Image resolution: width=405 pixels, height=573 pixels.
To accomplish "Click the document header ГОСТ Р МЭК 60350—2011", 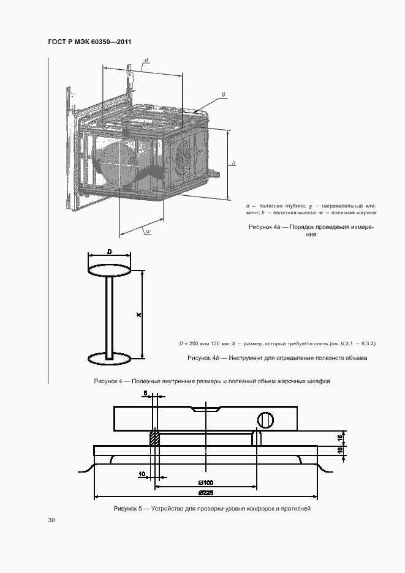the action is pos(89,42).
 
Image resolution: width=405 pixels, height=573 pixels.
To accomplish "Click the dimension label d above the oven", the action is pos(146,59).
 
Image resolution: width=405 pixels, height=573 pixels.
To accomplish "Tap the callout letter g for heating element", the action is pos(224,94).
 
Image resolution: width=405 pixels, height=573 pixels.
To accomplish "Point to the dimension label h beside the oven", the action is pos(234,163).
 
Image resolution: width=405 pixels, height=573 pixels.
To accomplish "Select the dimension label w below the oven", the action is pos(148,231).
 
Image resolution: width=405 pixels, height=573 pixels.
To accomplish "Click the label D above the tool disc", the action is pos(110,252).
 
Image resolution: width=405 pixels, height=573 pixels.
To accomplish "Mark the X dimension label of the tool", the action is pos(138,314).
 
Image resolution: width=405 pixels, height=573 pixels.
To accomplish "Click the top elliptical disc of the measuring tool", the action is pos(110,270).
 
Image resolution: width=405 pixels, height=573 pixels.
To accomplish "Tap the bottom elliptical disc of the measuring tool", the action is pos(110,359).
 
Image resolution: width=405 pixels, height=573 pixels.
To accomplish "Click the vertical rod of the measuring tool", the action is pos(110,318).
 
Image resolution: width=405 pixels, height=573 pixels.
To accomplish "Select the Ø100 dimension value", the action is pos(206,482).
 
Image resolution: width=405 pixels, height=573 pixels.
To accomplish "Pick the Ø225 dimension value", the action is pos(206,493).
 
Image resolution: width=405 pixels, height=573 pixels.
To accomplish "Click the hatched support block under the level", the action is pos(155,438).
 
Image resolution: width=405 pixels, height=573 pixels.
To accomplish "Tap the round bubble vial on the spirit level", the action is pos(266,420).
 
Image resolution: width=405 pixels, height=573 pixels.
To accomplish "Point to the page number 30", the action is pos(51,520).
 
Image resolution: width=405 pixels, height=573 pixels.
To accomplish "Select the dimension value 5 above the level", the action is pos(145,393).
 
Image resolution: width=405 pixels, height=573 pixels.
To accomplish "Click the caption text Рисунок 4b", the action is pos(203,358).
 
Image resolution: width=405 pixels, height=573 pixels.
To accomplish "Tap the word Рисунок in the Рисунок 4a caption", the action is pos(260,227).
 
